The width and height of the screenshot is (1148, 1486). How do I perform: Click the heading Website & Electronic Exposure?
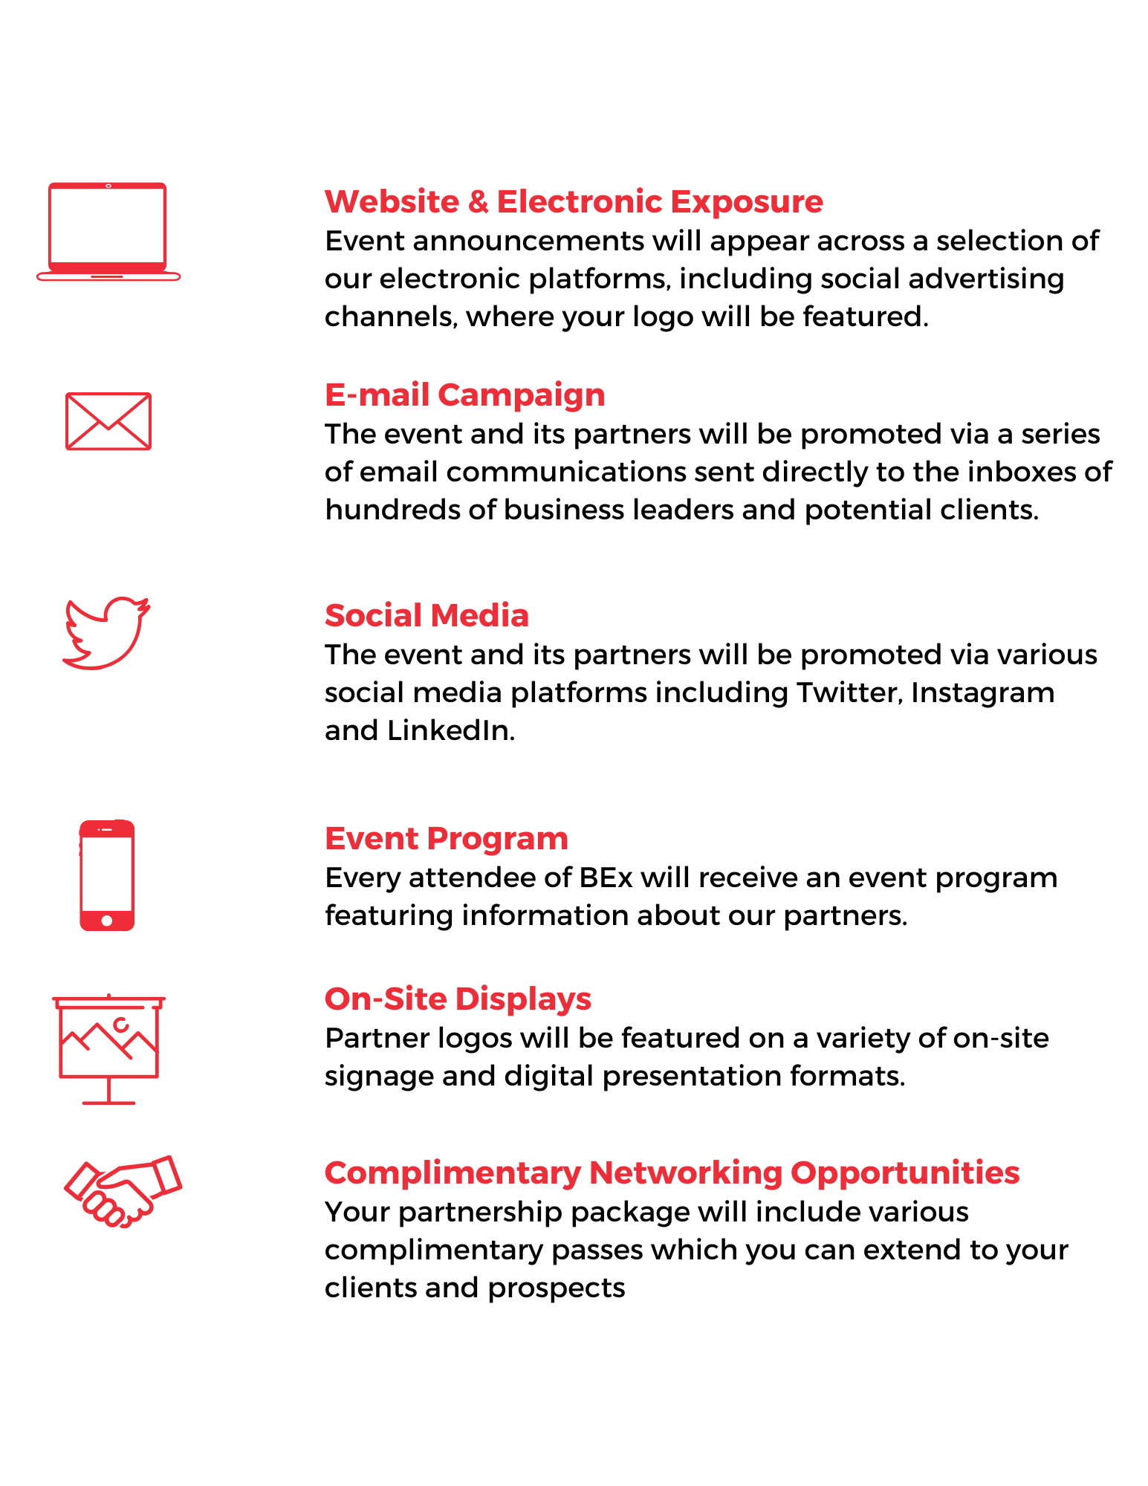pyautogui.click(x=574, y=202)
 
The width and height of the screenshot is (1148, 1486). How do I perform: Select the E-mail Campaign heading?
pyautogui.click(x=464, y=395)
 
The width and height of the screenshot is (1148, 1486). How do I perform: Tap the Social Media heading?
pyautogui.click(x=427, y=616)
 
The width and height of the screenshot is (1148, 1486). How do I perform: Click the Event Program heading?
pyautogui.click(x=446, y=840)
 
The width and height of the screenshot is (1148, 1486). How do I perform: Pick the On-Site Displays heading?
pyautogui.click(x=458, y=999)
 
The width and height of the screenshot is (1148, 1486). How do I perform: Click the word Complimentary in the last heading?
pyautogui.click(x=453, y=1174)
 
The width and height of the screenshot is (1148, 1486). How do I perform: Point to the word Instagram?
pyautogui.click(x=982, y=694)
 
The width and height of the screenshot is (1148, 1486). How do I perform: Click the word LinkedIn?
pyautogui.click(x=450, y=730)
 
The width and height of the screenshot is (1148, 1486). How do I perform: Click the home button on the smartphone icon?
pyautogui.click(x=107, y=921)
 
